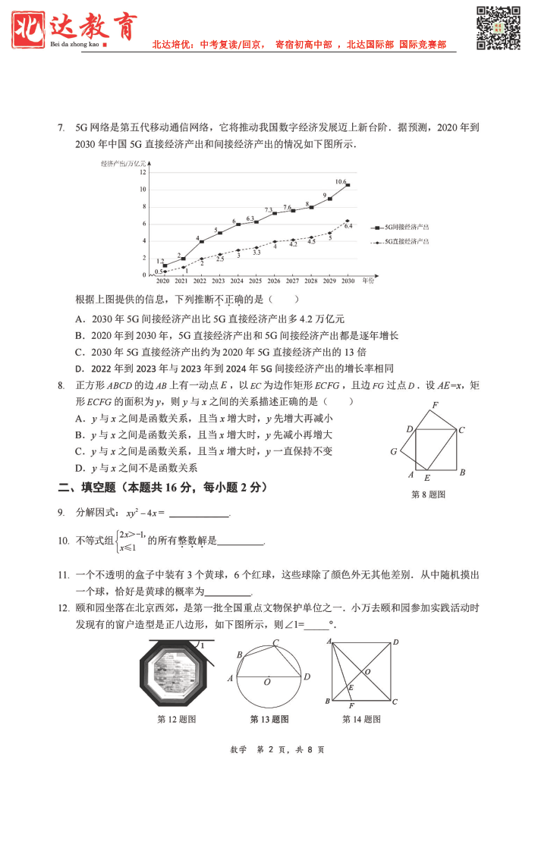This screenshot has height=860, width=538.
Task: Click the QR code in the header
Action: pos(498,28)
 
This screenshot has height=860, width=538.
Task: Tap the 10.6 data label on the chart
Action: pos(341,182)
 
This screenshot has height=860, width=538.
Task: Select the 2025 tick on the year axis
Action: pos(256,281)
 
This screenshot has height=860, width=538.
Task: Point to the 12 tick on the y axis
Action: pos(142,172)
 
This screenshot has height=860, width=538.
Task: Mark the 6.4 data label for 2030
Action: pos(348,226)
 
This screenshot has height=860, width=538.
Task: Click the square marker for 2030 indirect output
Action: pos(348,185)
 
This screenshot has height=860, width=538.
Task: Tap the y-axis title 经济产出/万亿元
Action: pos(122,162)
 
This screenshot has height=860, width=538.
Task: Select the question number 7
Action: pos(61,127)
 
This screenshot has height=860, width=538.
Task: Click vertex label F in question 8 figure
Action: pos(435,406)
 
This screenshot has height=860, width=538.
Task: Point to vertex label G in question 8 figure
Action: pos(394,451)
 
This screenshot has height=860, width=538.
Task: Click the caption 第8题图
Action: pos(428,494)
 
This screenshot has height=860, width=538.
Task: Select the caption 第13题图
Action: pos(269,719)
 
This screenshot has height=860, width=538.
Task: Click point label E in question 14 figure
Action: pos(350,688)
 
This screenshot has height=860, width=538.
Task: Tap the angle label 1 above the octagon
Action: pos(202,645)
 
